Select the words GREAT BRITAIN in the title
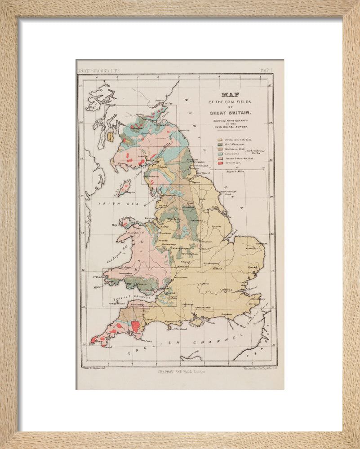[x=230, y=113]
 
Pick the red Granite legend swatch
[x=220, y=163]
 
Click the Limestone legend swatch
[x=220, y=154]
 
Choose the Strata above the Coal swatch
[x=220, y=140]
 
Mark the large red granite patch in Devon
[x=134, y=326]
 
